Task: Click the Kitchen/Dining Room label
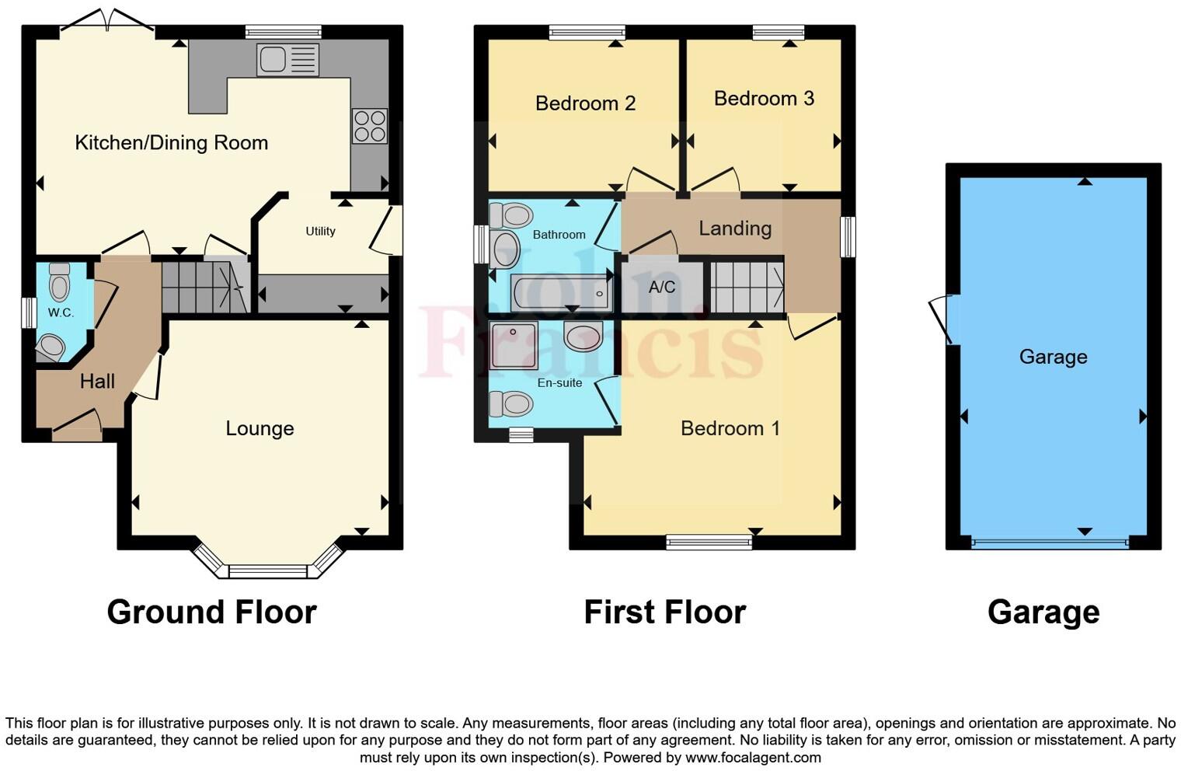(171, 143)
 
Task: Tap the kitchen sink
(287, 60)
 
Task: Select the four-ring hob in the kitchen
(370, 126)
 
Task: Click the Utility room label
(320, 231)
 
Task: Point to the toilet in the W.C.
(60, 281)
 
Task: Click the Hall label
(97, 382)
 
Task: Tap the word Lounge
(260, 428)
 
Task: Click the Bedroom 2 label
(585, 103)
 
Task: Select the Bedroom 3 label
(764, 99)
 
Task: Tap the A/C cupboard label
(662, 288)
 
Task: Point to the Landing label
(735, 229)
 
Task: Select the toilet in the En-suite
(511, 404)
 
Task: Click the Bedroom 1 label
(730, 428)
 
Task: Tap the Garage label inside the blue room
(1053, 357)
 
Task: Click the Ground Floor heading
(211, 612)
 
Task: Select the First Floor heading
(664, 612)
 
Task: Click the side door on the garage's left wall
(942, 319)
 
